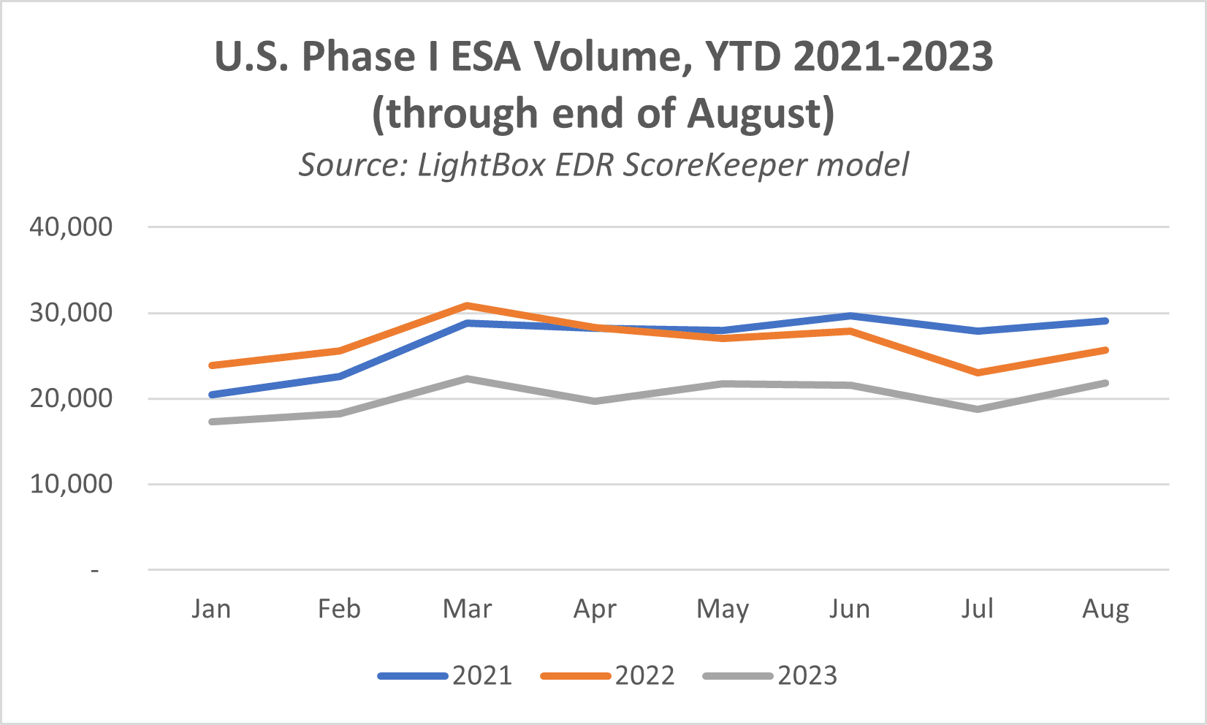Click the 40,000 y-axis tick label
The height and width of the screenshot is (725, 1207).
pyautogui.click(x=71, y=227)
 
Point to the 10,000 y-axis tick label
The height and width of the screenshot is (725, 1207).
pyautogui.click(x=71, y=484)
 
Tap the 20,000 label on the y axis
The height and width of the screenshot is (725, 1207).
pyautogui.click(x=71, y=398)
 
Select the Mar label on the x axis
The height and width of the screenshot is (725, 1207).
pyautogui.click(x=468, y=609)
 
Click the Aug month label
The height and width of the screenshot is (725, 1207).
pyautogui.click(x=1105, y=609)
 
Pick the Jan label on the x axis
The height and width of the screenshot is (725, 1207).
pyautogui.click(x=211, y=609)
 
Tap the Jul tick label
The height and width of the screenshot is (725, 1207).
pyautogui.click(x=978, y=609)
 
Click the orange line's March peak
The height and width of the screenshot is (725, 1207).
pyautogui.click(x=468, y=305)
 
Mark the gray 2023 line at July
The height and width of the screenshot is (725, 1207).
pyautogui.click(x=978, y=409)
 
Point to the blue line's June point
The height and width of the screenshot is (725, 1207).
pyautogui.click(x=850, y=316)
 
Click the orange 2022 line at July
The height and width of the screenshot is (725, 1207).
pyautogui.click(x=978, y=373)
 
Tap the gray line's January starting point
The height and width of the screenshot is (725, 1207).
pyautogui.click(x=212, y=422)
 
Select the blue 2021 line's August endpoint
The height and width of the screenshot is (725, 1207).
pyautogui.click(x=1105, y=321)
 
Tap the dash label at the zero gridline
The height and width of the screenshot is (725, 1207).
pyautogui.click(x=95, y=570)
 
